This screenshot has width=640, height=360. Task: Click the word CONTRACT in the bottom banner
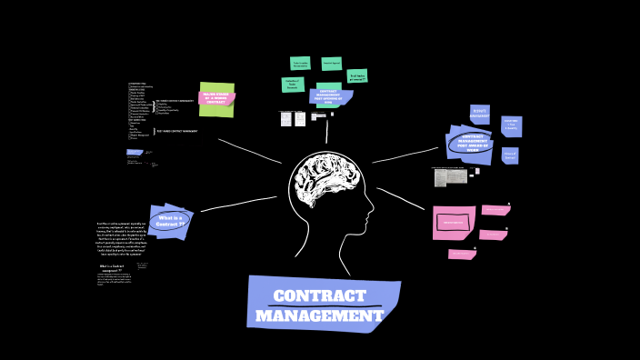319,296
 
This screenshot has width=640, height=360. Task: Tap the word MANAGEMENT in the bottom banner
319,316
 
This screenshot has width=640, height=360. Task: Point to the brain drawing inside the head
325,181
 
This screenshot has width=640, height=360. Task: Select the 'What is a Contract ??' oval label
170,221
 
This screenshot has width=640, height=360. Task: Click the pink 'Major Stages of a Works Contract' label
216,98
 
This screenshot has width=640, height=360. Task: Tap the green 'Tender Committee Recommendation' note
300,64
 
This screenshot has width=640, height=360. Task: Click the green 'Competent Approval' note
332,65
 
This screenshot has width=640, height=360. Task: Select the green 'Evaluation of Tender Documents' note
293,85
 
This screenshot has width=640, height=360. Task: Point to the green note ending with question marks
357,76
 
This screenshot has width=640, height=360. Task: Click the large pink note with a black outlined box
454,222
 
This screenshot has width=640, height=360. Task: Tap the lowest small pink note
462,255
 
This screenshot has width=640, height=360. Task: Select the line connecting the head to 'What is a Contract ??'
238,205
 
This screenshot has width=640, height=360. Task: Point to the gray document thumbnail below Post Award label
450,177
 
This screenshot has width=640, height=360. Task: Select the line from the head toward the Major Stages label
250,151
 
